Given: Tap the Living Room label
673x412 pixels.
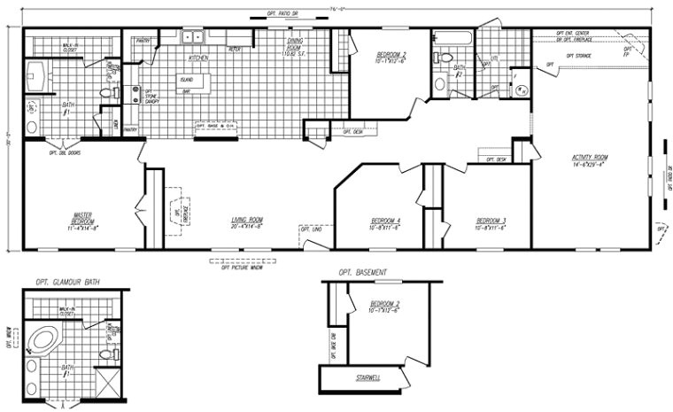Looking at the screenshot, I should pos(247,222).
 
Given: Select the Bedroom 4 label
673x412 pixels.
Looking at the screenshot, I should pos(386,222).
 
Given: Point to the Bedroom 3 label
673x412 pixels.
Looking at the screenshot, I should pos(491,222).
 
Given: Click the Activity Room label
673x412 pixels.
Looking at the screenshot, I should pos(589,161).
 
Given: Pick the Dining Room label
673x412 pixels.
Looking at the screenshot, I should pos(298,46).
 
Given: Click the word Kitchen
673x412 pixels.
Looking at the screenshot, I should pos(198,58).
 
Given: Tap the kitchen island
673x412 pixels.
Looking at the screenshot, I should pos(189,82).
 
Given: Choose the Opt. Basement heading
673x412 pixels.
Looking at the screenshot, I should pos(362,272).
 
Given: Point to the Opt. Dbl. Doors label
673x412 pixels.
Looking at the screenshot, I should pos(67,151).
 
